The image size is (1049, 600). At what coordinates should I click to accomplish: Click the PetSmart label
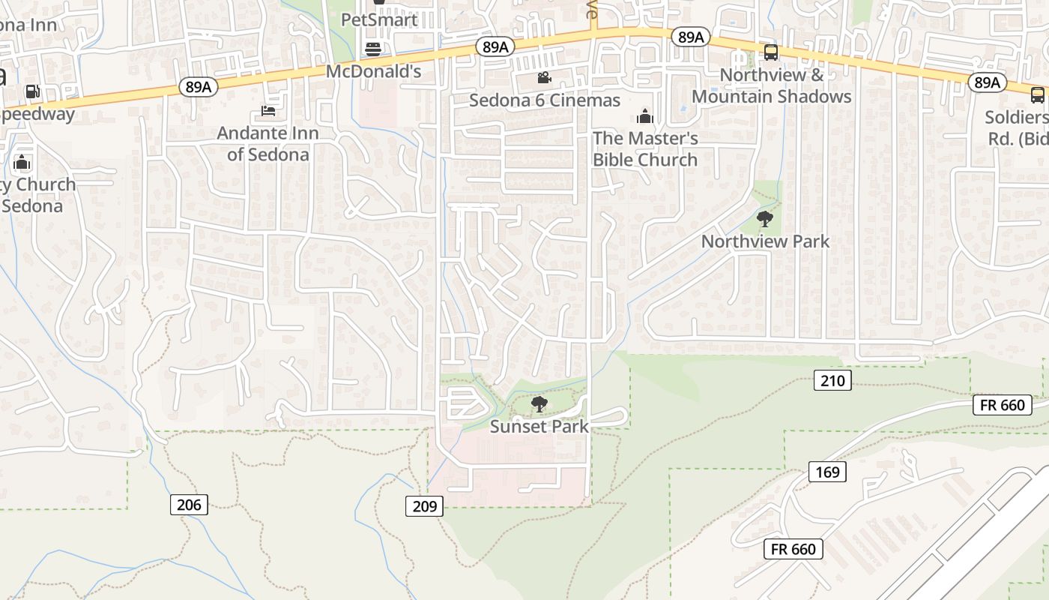click(x=379, y=19)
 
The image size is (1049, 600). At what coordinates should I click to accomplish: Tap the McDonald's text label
click(x=373, y=72)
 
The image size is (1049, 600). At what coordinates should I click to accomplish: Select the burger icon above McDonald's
click(x=373, y=49)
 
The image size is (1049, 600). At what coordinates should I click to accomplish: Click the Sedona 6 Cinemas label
click(x=545, y=100)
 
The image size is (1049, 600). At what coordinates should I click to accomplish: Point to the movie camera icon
click(x=544, y=77)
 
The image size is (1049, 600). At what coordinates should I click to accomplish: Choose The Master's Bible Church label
click(x=645, y=148)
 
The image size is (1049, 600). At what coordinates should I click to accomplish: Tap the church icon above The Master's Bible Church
click(x=644, y=116)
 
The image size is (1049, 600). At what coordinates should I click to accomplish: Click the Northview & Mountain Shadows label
click(x=771, y=85)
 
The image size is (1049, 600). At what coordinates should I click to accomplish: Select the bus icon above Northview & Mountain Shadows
click(x=770, y=52)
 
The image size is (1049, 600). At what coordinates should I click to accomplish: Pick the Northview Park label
click(x=765, y=241)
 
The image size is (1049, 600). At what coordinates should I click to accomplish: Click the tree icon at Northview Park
click(x=764, y=219)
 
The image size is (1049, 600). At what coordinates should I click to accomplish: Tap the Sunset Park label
click(x=539, y=427)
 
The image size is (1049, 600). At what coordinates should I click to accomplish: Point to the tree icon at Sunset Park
click(x=539, y=405)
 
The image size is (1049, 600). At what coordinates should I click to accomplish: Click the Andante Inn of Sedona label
click(x=268, y=143)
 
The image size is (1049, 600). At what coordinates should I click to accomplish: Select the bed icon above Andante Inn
click(x=268, y=111)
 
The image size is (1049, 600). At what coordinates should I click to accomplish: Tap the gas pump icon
click(x=32, y=91)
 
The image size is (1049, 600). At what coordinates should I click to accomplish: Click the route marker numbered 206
click(x=189, y=505)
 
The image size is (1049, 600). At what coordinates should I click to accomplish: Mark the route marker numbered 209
click(x=424, y=506)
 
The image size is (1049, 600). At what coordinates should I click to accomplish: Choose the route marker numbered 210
click(x=832, y=381)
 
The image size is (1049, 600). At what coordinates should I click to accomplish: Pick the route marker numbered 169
click(x=827, y=472)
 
